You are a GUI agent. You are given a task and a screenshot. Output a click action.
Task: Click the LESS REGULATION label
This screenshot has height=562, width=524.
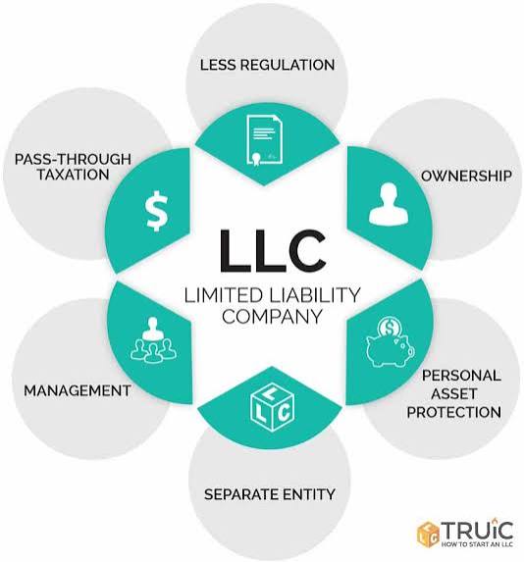[x=267, y=65]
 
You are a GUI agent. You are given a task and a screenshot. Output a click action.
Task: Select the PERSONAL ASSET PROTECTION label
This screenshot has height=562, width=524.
[x=461, y=392]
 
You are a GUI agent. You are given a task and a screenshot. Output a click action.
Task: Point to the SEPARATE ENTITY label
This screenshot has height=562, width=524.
[x=269, y=493]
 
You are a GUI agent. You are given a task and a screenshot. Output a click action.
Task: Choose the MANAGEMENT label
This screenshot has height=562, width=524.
[x=78, y=390]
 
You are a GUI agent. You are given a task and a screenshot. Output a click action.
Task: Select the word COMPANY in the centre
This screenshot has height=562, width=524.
[x=272, y=316]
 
